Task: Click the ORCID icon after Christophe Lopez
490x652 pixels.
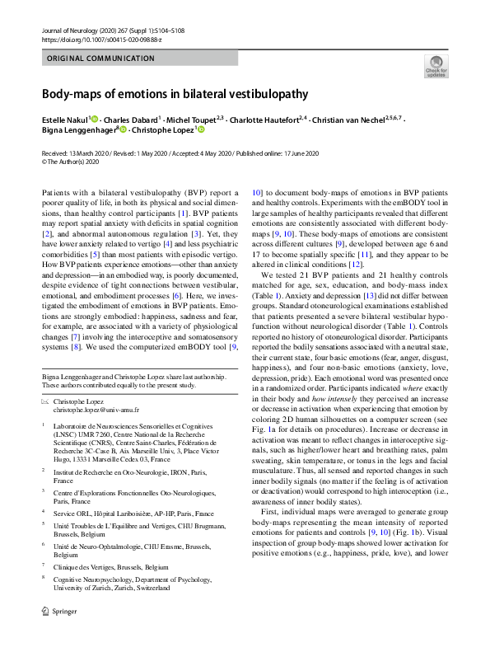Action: pos(199,130)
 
